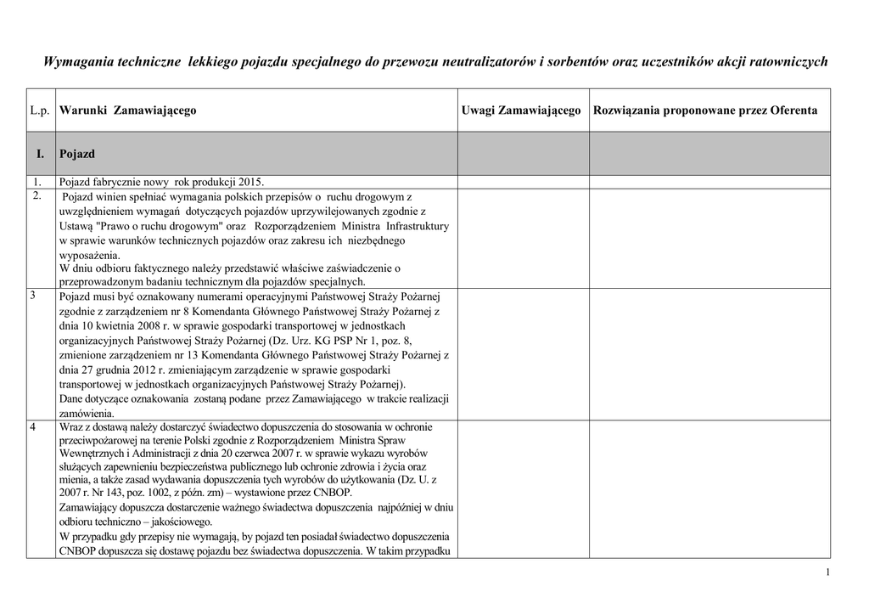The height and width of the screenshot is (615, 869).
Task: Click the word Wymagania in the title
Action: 76,63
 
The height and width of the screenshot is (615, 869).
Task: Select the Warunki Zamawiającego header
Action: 128,110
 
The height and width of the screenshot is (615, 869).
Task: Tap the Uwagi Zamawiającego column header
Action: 521,110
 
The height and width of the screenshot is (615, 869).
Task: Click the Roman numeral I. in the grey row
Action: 40,155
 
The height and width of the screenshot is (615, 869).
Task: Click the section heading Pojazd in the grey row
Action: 77,155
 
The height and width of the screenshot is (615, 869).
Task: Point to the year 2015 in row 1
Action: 251,182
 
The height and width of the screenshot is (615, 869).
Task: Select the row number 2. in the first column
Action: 36,196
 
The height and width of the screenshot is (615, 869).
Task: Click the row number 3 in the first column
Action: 34,296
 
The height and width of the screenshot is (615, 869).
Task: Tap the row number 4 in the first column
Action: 33,426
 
